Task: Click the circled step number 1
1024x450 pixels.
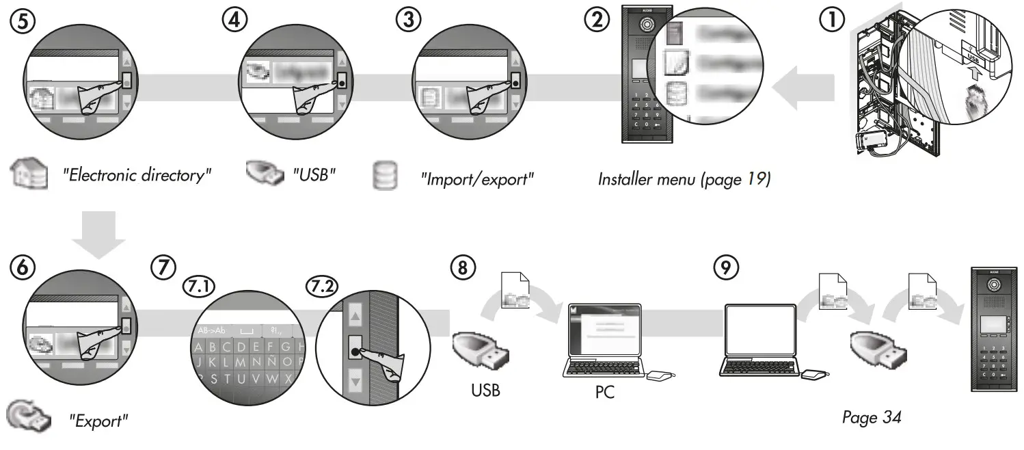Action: [831, 21]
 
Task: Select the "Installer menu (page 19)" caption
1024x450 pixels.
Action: [684, 179]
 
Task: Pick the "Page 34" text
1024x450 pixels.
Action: [872, 417]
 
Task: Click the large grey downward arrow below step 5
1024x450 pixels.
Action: [98, 235]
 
